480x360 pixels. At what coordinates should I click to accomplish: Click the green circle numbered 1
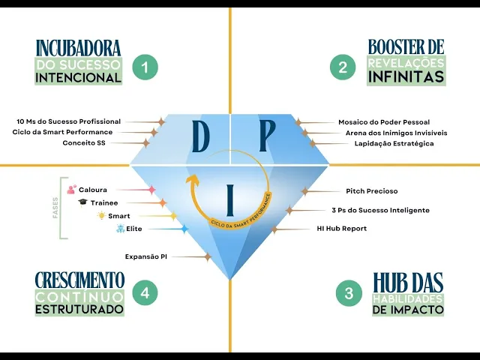(145, 68)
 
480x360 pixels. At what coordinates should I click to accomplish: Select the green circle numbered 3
(349, 293)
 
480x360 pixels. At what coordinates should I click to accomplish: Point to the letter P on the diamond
(268, 136)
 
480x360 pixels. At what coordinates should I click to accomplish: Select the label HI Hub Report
(341, 228)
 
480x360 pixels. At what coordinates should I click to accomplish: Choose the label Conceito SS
(84, 142)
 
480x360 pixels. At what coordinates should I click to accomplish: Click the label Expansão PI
(146, 256)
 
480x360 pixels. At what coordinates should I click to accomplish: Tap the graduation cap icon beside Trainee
(82, 202)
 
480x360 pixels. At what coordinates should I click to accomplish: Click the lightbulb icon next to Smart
(100, 215)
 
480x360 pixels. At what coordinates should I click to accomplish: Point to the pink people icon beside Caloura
(71, 190)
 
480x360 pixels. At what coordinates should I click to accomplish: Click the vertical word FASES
(55, 208)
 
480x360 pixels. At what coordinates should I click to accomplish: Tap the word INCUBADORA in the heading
(78, 49)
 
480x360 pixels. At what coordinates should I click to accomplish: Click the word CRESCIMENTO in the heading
(79, 280)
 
